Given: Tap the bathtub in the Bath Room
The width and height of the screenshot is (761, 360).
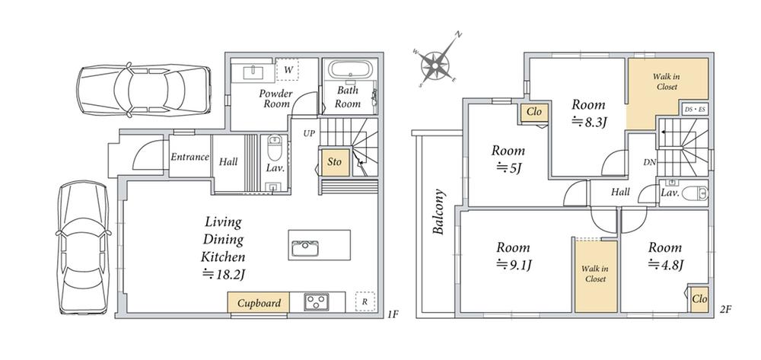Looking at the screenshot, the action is click(348, 69).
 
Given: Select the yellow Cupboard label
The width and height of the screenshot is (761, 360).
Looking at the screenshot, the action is click(259, 303).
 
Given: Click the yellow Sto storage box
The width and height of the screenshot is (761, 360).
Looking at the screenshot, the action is click(334, 161).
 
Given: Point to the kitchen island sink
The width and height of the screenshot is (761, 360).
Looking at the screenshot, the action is click(305, 250).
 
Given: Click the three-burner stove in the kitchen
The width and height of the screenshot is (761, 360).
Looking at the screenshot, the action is click(317, 302).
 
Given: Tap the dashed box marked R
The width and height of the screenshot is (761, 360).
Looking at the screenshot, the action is click(365, 301).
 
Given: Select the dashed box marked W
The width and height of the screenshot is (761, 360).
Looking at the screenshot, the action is click(288, 70).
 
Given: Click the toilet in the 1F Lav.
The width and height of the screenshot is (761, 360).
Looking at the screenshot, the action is click(274, 147).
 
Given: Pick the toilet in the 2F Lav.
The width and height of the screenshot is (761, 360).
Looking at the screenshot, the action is click(695, 194).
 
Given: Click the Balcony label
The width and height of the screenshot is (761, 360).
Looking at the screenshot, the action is click(439, 212).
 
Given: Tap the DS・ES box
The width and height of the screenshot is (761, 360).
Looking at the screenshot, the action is click(695, 109).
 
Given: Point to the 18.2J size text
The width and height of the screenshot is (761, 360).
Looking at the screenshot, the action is click(223, 275).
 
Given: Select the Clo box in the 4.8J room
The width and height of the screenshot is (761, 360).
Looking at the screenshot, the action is click(699, 299).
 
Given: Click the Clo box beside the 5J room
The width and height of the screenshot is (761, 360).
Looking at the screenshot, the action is click(534, 112).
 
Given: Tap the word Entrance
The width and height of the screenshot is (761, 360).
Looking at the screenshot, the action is click(189, 157).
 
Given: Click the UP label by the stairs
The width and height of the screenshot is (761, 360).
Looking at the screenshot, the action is click(309, 133).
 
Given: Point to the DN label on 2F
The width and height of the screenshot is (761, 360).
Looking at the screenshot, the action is click(649, 163).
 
